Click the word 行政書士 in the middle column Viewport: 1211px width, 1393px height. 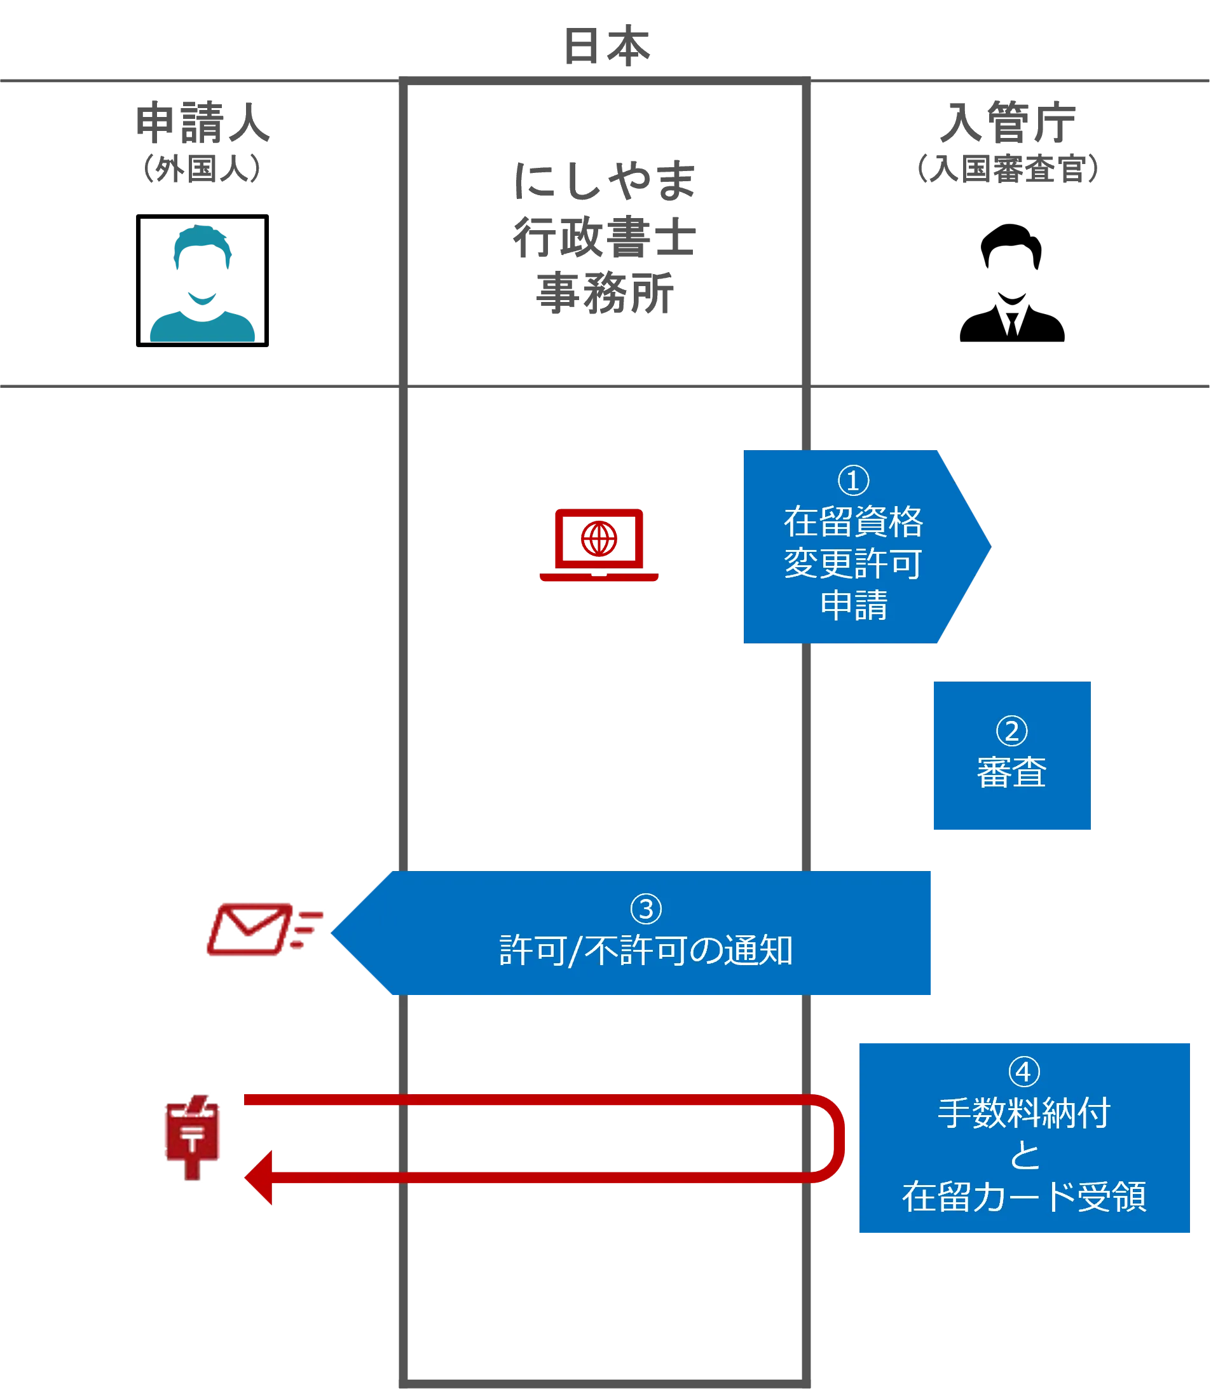click(x=603, y=238)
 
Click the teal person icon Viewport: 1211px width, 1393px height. click(x=203, y=283)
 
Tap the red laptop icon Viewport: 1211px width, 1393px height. click(x=599, y=546)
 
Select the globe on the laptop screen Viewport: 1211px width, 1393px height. click(x=599, y=539)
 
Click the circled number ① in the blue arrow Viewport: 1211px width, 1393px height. click(x=853, y=481)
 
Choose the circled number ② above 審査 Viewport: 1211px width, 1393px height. click(x=1011, y=731)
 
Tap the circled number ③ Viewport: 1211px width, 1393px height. click(x=646, y=909)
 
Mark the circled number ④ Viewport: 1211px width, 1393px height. click(x=1024, y=1071)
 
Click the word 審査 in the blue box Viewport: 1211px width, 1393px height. click(x=1011, y=772)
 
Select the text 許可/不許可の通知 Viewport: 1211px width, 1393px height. click(x=646, y=950)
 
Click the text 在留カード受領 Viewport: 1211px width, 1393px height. click(x=1024, y=1197)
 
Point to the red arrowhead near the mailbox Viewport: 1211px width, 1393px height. click(x=259, y=1177)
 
